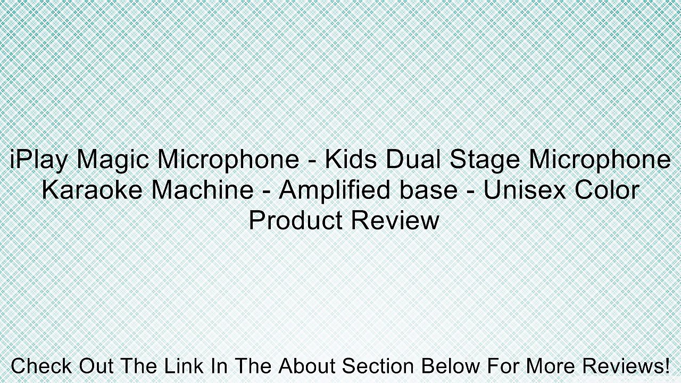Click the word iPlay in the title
39,160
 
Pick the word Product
295,220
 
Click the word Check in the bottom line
41,367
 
